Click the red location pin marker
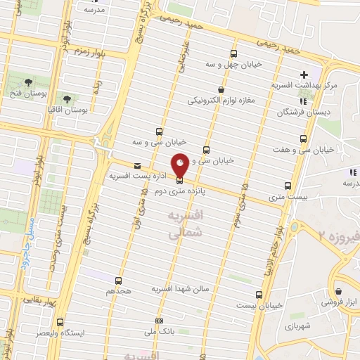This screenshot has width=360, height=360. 181,164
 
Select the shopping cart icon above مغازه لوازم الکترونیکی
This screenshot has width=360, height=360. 221,90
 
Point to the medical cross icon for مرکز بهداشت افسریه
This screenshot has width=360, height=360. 304,75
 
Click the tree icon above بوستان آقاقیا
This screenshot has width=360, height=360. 67,100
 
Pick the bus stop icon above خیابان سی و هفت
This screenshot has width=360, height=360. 304,139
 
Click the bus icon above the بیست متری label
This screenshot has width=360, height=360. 288,186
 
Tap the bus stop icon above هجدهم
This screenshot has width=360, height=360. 118,280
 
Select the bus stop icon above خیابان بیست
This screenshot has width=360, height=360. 259,295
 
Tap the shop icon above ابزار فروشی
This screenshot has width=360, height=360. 338,291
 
